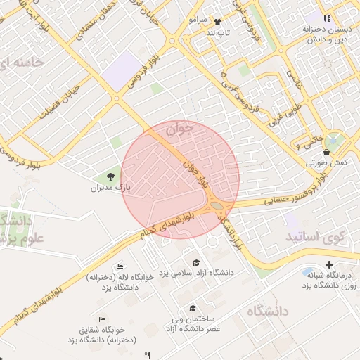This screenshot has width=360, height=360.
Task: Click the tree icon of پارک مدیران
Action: point(110,176)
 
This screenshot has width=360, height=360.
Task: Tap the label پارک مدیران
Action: point(111,188)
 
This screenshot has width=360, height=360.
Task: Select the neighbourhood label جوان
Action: point(180,130)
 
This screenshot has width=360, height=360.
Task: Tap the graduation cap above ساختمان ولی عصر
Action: point(193,308)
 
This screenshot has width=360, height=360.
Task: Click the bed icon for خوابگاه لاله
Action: point(120,267)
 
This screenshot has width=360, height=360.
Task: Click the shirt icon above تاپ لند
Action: point(217,22)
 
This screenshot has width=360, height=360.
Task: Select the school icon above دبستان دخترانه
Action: point(326,18)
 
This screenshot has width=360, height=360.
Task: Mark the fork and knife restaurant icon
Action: point(147,354)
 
